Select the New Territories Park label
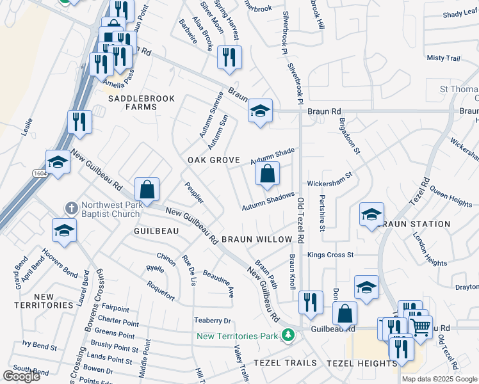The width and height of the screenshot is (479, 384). pos(238,336)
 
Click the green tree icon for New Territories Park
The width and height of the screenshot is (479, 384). pos(288,335)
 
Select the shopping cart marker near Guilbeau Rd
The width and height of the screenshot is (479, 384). pos(421,326)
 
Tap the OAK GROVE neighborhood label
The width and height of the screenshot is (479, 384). pos(213,160)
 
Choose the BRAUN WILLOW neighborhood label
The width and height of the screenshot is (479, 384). pos(257,239)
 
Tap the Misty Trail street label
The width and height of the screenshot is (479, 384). pos(444,58)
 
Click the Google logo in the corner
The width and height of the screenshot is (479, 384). pos(21,376)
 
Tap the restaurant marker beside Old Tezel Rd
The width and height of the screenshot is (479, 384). pos(311,303)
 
